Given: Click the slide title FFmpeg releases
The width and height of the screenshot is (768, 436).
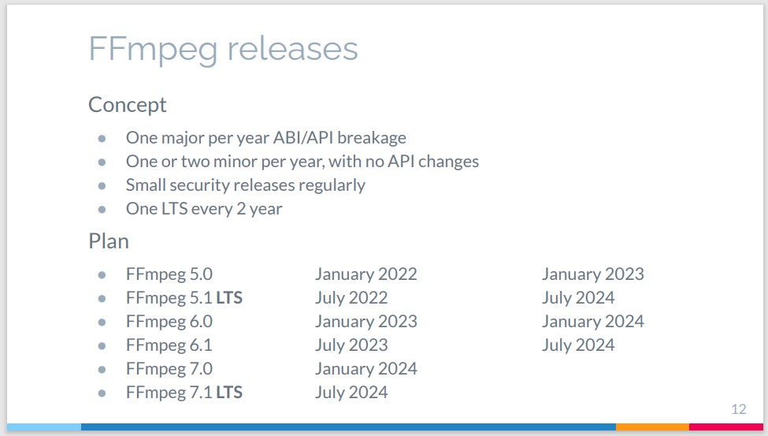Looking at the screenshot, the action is coord(224,50).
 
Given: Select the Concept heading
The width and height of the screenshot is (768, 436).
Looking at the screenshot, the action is coord(128,104).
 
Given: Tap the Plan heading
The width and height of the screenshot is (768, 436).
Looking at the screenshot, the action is coord(109,241).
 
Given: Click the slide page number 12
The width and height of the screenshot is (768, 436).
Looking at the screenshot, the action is coord(739,409).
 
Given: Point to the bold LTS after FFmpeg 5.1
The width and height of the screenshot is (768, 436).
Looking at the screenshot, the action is coord(229,298).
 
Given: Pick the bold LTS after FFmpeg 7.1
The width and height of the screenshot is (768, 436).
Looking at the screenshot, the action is coord(229,393).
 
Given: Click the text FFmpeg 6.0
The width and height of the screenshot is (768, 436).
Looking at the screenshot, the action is coord(169,322).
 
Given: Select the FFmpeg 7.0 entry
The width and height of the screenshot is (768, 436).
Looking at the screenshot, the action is coord(169,369).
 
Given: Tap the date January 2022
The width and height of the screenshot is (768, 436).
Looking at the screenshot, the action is coord(365,274).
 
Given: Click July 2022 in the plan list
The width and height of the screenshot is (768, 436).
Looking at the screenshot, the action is coord(351,298).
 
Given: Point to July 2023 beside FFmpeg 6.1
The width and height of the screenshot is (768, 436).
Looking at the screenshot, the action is coord(351,345).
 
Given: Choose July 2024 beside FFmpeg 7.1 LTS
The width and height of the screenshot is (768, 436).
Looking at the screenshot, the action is coord(351,393).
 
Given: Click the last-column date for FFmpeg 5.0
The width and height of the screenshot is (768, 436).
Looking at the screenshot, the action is coord(592,274).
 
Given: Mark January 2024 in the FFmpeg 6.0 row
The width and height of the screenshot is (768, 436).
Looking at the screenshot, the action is coord(592,322).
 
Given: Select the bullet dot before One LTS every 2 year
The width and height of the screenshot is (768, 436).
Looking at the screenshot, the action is coord(102,210).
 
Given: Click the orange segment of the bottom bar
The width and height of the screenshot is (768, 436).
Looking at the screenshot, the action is coord(652,427).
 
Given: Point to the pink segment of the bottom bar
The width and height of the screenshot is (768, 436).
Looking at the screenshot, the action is coord(726,427).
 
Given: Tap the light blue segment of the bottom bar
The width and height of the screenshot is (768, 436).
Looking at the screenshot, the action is coord(44,427).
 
